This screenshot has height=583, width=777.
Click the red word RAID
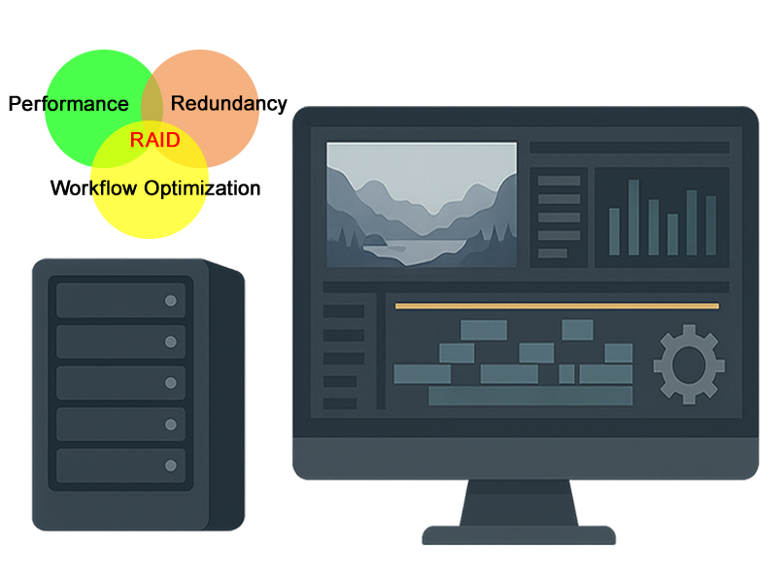coord(155,140)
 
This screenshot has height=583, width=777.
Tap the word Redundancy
coord(228,104)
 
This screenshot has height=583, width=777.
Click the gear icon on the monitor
coord(689,363)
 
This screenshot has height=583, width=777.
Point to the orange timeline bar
coord(557,306)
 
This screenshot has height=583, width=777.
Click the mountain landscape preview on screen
coord(421,205)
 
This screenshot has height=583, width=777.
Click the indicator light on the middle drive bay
coord(171,383)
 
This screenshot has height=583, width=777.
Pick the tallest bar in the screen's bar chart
coord(633,217)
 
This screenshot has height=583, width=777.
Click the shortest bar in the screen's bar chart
coord(672,234)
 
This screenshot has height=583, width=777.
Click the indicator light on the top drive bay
coord(171,300)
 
